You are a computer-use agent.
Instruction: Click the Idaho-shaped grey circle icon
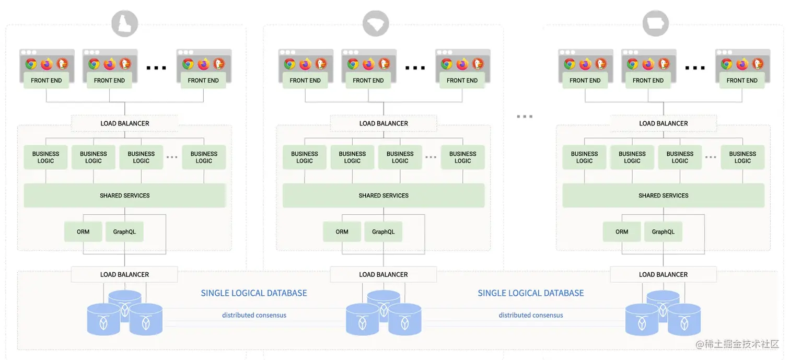(x=125, y=24)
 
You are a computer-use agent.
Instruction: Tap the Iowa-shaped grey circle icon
(x=656, y=24)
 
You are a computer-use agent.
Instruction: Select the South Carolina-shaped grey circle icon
(x=376, y=24)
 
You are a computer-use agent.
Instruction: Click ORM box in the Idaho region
(x=83, y=231)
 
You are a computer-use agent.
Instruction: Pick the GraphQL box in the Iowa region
(x=663, y=231)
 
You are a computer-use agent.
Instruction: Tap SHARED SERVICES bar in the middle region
(x=384, y=195)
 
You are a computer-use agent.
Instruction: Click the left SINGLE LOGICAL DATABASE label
(x=254, y=293)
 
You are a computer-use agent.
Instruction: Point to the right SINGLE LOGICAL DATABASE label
(x=531, y=293)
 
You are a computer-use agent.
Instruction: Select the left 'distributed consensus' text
(x=254, y=315)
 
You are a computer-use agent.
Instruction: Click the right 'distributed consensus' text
(x=531, y=315)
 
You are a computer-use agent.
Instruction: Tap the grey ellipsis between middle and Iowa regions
(x=524, y=117)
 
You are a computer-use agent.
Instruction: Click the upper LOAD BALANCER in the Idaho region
(x=125, y=123)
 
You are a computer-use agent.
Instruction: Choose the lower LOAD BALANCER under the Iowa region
(x=663, y=274)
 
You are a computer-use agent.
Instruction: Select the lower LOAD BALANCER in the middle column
(x=384, y=274)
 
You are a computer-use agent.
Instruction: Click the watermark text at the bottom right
(x=737, y=344)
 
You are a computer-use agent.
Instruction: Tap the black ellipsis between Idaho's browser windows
(x=156, y=67)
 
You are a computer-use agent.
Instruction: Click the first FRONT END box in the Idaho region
(x=47, y=80)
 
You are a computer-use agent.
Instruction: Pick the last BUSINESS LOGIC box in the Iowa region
(x=742, y=157)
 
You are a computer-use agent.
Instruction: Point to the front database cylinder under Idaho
(x=103, y=319)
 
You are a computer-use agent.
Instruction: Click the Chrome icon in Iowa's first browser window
(x=570, y=64)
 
